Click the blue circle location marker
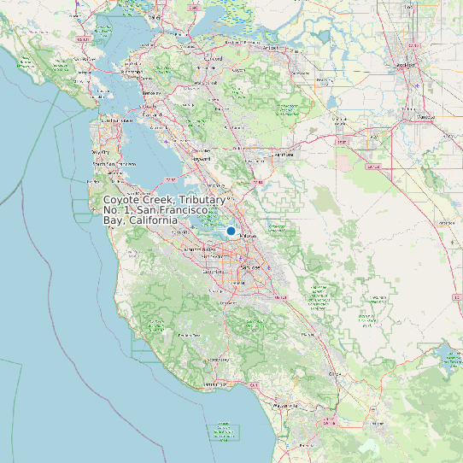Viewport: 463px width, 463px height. click(231, 231)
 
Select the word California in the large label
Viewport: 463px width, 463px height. click(153, 220)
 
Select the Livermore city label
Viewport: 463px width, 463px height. click(284, 155)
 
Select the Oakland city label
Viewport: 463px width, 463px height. click(152, 114)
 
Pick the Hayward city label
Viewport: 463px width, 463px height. click(202, 159)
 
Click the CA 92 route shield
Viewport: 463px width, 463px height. click(171, 180)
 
